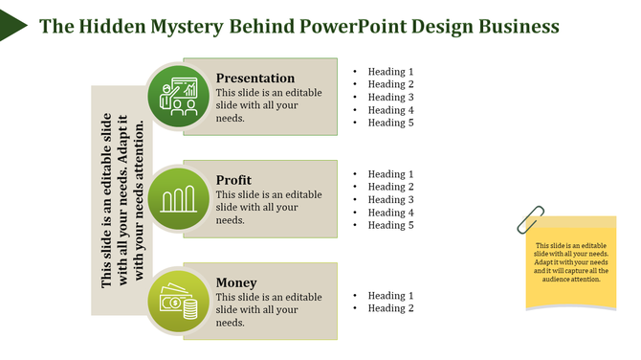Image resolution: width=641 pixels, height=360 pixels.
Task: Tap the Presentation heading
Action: pyautogui.click(x=255, y=78)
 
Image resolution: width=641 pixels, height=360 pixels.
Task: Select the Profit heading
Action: pyautogui.click(x=234, y=180)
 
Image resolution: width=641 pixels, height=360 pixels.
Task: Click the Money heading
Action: pyautogui.click(x=236, y=282)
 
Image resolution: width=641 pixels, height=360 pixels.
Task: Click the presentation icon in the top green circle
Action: pyautogui.click(x=179, y=97)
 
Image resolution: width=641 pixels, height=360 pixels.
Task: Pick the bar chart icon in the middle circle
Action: pyautogui.click(x=179, y=199)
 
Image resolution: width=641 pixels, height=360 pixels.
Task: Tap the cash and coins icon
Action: pyautogui.click(x=179, y=302)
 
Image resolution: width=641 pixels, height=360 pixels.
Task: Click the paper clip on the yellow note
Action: pyautogui.click(x=528, y=220)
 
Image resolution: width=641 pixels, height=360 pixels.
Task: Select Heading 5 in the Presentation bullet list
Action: pyautogui.click(x=391, y=123)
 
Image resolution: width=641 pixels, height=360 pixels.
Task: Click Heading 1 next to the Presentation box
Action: pyautogui.click(x=391, y=72)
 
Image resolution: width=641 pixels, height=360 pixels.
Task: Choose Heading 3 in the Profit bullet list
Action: pyautogui.click(x=391, y=199)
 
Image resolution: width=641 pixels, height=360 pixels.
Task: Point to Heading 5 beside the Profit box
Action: pyautogui.click(x=391, y=225)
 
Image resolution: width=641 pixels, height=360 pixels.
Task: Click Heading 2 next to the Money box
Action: pyautogui.click(x=391, y=308)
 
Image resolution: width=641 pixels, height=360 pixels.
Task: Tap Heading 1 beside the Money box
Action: pyautogui.click(x=391, y=296)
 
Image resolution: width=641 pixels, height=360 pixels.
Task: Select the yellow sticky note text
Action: pyautogui.click(x=571, y=261)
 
